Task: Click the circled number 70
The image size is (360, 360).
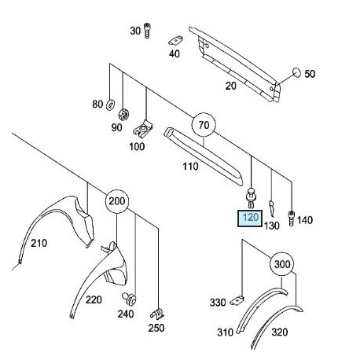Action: tap(204, 125)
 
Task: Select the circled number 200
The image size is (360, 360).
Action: tap(117, 201)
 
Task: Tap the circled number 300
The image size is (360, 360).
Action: tap(281, 264)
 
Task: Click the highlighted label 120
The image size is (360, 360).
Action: tap(250, 218)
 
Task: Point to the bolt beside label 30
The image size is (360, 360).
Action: tap(147, 31)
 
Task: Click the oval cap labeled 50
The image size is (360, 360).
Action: tap(296, 72)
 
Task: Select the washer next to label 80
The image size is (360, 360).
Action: tap(110, 105)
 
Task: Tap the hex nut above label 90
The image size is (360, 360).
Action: tap(123, 114)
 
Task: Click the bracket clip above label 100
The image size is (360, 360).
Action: tap(143, 129)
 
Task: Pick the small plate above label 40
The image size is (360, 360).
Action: tap(175, 41)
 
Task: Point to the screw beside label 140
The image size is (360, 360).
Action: tap(291, 219)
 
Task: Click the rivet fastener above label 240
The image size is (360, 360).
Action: tap(130, 299)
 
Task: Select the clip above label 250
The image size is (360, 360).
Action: tap(157, 314)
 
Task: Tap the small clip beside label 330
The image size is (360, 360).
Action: tap(237, 300)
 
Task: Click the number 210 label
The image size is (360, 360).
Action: tap(39, 243)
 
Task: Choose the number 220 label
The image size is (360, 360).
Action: tap(94, 299)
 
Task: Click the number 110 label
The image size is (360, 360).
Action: tap(190, 167)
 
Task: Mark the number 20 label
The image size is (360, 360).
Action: tap(231, 86)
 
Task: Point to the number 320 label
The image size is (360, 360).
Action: tap(280, 332)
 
